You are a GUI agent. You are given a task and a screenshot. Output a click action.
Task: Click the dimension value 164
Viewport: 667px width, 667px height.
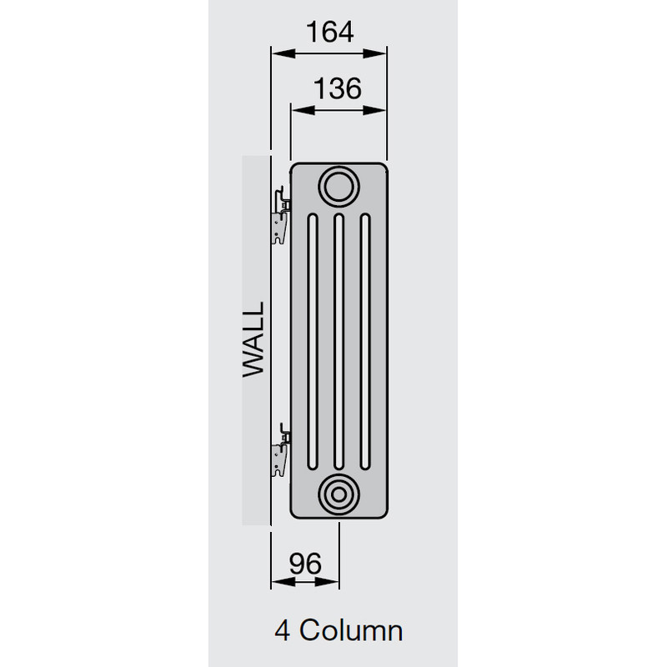(328, 32)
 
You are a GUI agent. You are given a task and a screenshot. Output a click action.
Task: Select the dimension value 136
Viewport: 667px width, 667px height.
(339, 88)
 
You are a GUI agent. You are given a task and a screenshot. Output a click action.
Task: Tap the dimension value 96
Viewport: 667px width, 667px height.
(304, 564)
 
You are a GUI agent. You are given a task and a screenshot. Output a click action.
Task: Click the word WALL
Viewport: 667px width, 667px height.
(253, 340)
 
